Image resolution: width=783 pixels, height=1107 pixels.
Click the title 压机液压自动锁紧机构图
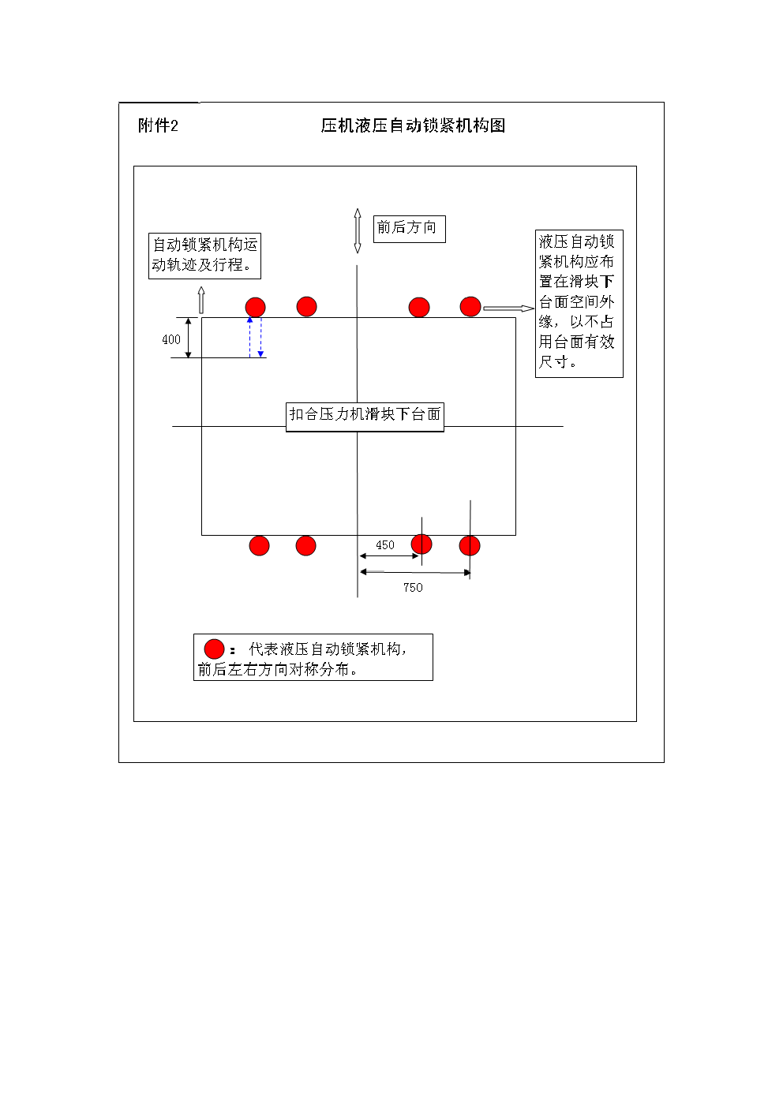413,125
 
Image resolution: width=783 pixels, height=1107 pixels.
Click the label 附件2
158,125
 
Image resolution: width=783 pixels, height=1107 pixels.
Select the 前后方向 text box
408,228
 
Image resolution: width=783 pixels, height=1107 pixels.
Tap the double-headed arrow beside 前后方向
358,230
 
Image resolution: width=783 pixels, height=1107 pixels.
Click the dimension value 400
171,339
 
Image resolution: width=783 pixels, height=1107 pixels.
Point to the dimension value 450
385,545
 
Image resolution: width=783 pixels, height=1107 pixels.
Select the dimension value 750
413,588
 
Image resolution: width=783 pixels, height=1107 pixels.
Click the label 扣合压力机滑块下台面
365,415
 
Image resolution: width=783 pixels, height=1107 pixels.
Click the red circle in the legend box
214,649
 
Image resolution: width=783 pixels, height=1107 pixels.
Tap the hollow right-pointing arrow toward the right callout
508,309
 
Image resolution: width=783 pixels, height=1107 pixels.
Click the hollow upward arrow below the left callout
201,301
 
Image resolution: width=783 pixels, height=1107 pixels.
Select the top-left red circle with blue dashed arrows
255,307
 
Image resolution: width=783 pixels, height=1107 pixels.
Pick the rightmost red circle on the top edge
470,306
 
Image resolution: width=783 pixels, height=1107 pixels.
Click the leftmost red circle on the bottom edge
259,545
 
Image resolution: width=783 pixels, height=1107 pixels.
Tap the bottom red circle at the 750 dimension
470,545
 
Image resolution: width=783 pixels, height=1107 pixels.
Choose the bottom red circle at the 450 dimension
421,544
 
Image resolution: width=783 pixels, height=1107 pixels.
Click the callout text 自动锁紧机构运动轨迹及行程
204,255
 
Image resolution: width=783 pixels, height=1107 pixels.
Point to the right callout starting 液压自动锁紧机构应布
579,302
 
